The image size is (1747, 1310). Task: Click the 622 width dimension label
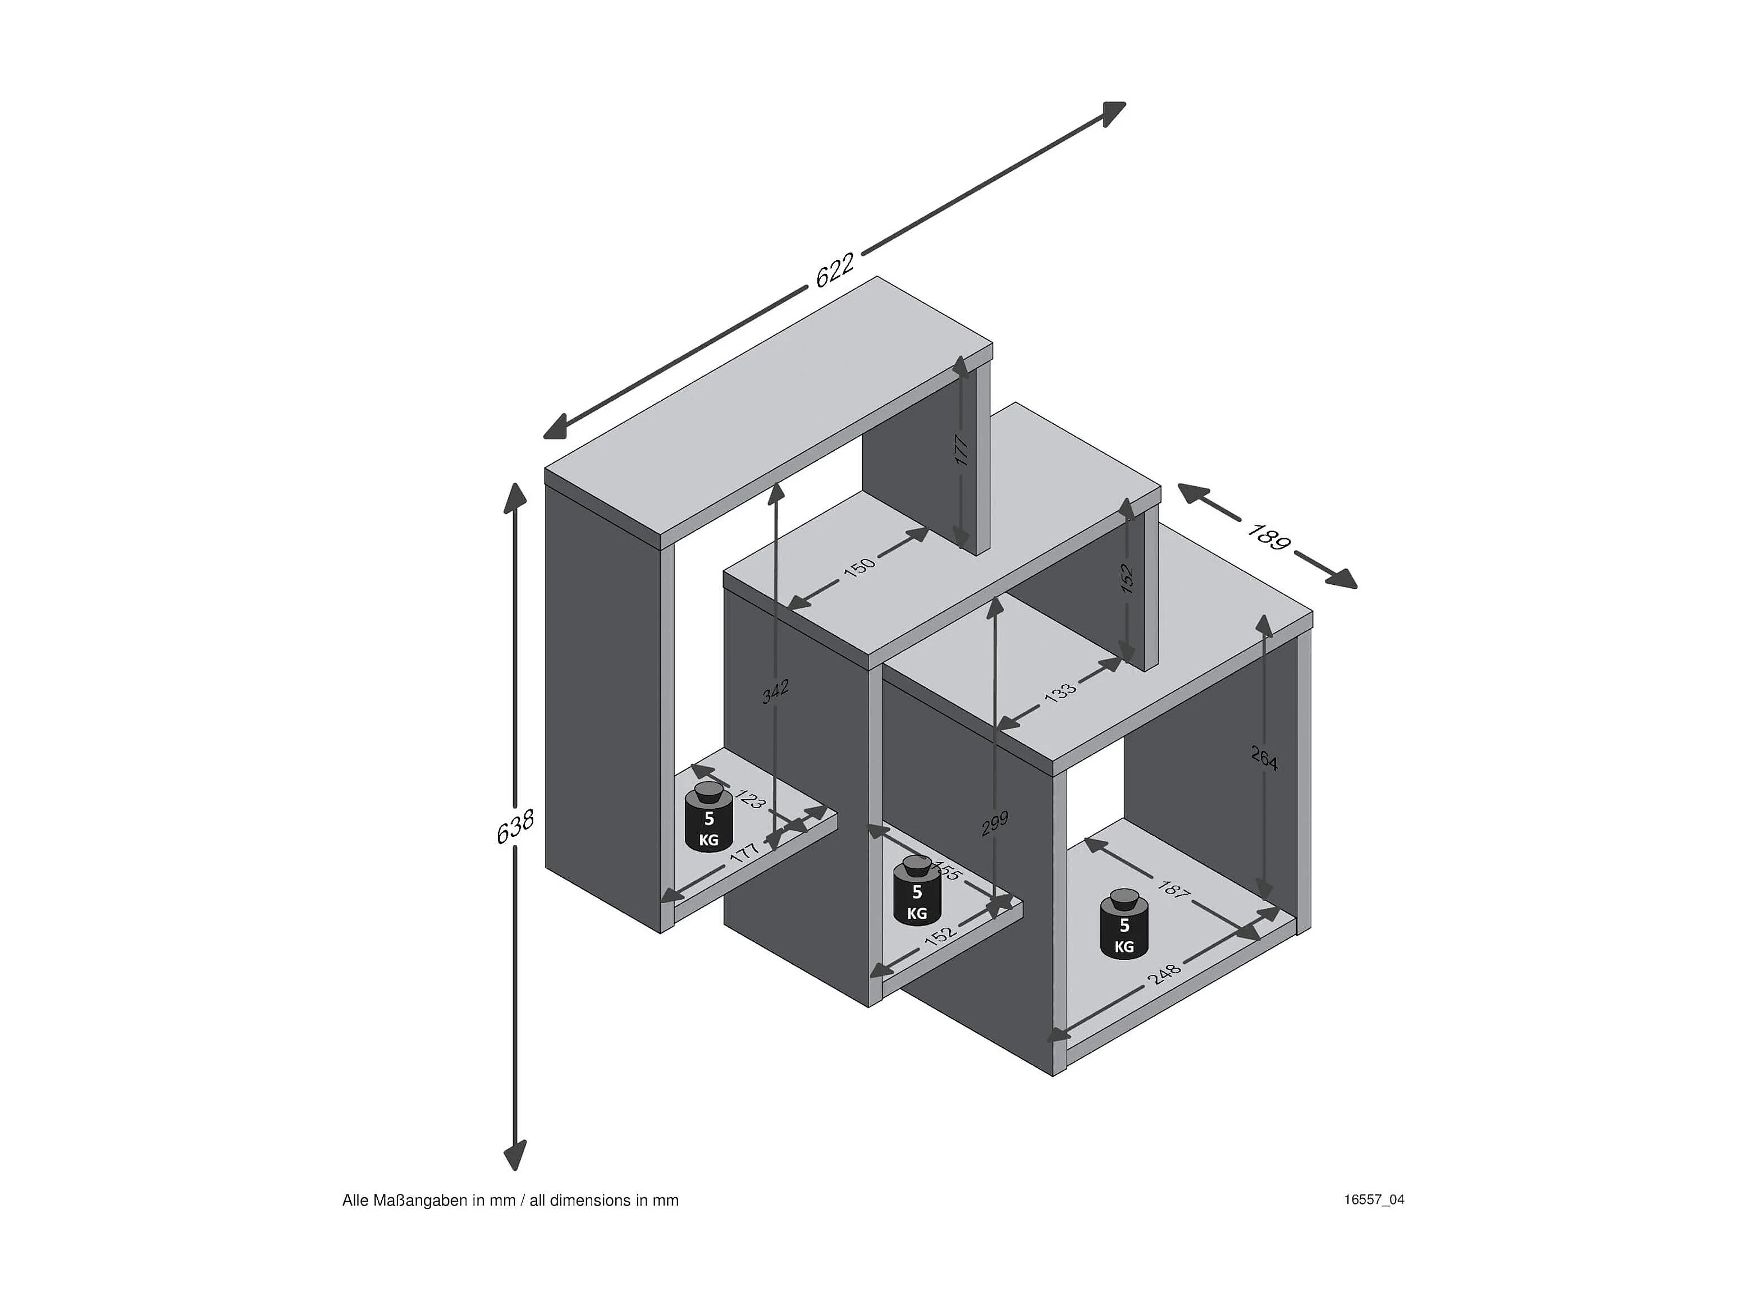point(835,269)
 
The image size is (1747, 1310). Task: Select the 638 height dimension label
point(515,826)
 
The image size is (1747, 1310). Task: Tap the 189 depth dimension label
point(1268,536)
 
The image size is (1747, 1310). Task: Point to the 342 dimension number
point(776,691)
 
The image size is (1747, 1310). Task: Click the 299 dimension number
point(995,823)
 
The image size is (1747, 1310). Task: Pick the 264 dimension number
point(1264,758)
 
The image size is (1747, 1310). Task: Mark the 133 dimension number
point(1060,691)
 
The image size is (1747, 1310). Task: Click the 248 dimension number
point(1164,974)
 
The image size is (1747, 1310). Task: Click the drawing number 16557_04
point(1374,1199)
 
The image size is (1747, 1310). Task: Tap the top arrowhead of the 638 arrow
point(515,497)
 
